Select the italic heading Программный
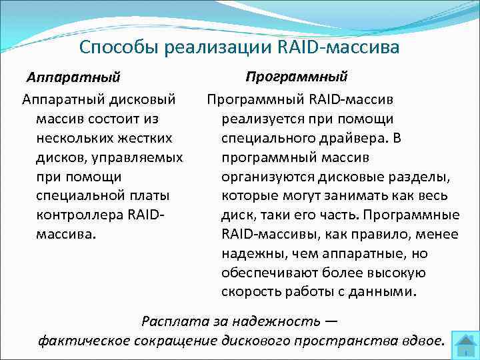point(296,76)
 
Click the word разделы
point(427,177)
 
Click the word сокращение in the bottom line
point(181,341)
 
